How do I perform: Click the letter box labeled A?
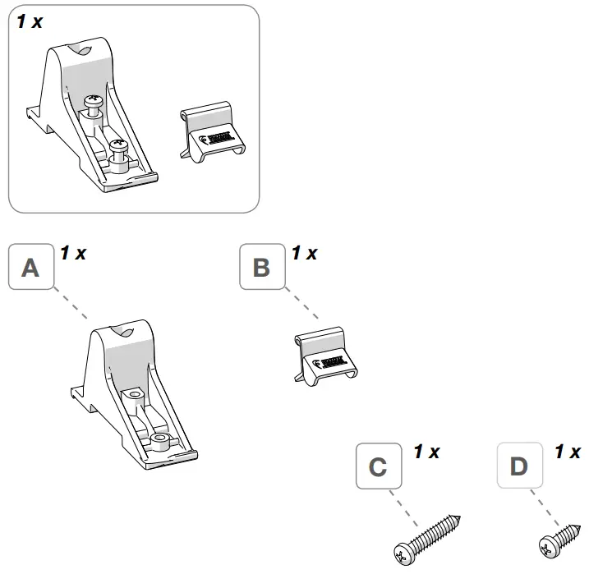pos(30,268)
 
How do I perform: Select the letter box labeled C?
pos(378,466)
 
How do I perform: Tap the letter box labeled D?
pos(519,466)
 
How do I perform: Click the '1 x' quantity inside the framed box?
pos(30,21)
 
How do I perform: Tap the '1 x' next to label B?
pos(304,253)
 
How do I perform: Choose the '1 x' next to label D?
pos(568,452)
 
